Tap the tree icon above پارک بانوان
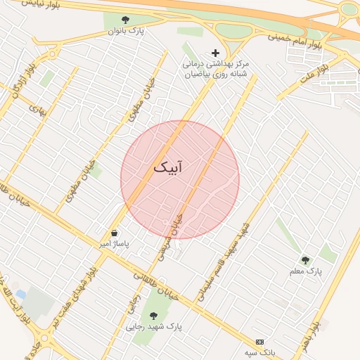pyautogui.click(x=125, y=20)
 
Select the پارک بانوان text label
pyautogui.click(x=126, y=31)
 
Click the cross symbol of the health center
pyautogui.click(x=215, y=53)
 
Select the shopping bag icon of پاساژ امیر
pyautogui.click(x=114, y=233)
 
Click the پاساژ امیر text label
pyautogui.click(x=114, y=244)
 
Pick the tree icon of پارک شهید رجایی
pyautogui.click(x=153, y=316)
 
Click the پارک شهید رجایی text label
pyautogui.click(x=154, y=327)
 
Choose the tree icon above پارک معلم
pyautogui.click(x=305, y=260)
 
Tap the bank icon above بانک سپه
pyautogui.click(x=260, y=341)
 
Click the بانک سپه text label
pyautogui.click(x=260, y=352)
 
